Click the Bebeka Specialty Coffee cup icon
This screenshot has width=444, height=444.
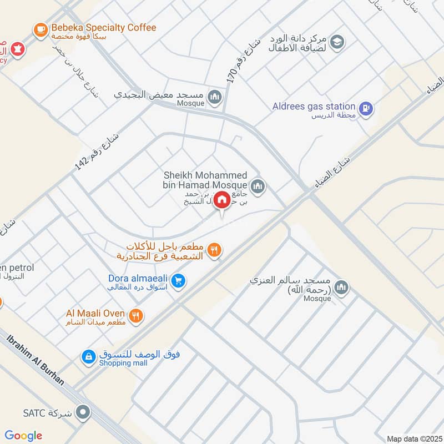tap(41, 30)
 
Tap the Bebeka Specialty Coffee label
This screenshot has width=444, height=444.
tap(104, 28)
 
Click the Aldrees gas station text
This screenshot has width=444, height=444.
tap(314, 106)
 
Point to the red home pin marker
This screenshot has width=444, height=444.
tap(222, 200)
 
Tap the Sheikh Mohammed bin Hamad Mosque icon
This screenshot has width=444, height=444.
tap(257, 186)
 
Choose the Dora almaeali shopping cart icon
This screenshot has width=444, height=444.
tap(178, 281)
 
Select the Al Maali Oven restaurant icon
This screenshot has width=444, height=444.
tap(136, 316)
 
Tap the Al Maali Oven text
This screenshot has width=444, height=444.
tap(95, 314)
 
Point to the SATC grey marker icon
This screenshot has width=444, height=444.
tap(84, 413)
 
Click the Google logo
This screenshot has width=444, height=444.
tap(23, 436)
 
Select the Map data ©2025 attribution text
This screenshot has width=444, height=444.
tap(413, 438)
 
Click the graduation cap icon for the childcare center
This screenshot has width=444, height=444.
tap(337, 42)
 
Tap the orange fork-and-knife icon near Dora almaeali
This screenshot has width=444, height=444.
tap(215, 251)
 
